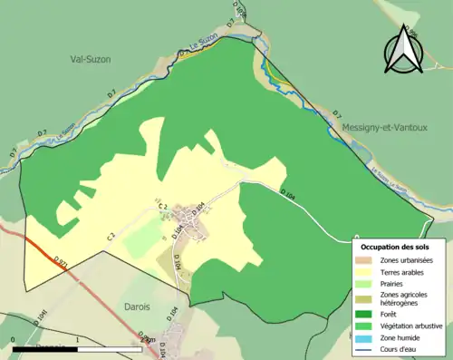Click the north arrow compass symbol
(400, 50)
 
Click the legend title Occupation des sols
(398, 247)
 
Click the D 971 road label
(62, 262)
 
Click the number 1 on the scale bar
(78, 340)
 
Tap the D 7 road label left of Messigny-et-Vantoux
(336, 114)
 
